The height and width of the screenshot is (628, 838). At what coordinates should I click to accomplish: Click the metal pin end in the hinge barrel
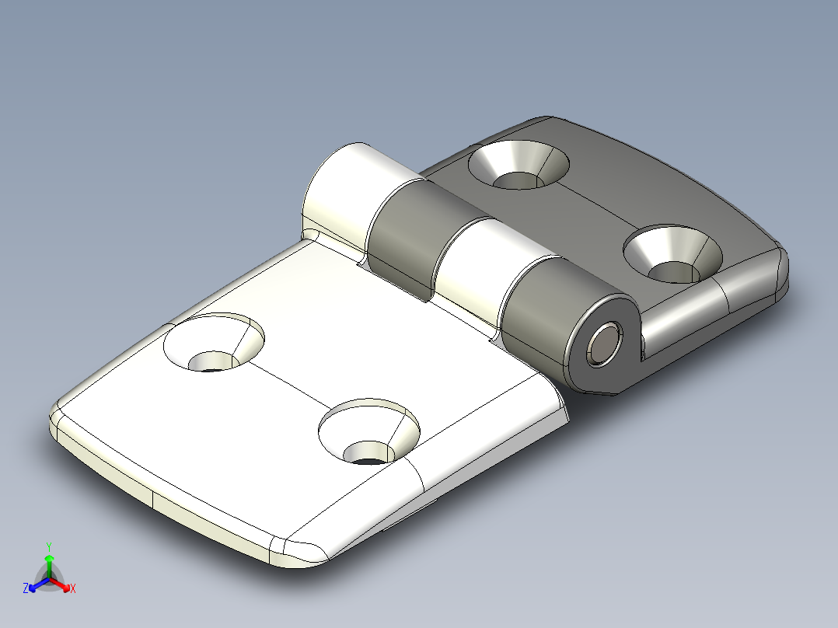pyautogui.click(x=605, y=344)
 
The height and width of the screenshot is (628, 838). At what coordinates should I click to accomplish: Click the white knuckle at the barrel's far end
pyautogui.click(x=342, y=190)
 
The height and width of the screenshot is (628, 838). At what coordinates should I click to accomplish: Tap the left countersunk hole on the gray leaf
pyautogui.click(x=519, y=165)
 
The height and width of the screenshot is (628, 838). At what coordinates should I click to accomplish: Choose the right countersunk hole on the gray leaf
pyautogui.click(x=673, y=254)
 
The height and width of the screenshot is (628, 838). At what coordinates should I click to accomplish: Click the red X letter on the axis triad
pyautogui.click(x=73, y=589)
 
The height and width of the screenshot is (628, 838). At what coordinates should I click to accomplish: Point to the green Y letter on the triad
pyautogui.click(x=49, y=546)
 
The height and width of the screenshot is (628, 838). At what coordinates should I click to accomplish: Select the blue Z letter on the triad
pyautogui.click(x=26, y=589)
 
